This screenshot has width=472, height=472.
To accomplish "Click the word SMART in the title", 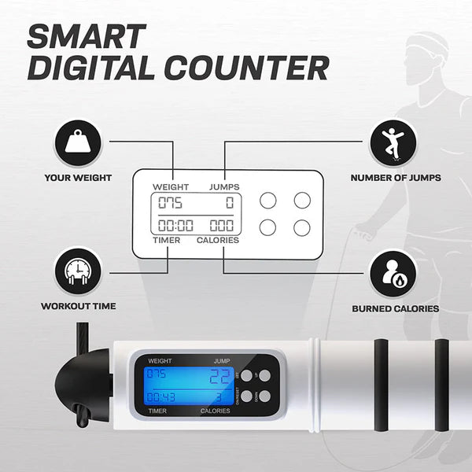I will [87, 36].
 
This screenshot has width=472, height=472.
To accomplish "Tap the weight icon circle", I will [76, 142].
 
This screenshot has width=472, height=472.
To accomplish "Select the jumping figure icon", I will [395, 142].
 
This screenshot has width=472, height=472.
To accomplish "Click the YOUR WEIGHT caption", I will [77, 177].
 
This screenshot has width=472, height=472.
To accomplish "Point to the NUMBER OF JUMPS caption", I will [395, 177].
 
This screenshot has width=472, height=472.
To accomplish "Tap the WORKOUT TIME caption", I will [77, 305].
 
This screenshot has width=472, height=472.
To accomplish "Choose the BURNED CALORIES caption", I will [395, 309].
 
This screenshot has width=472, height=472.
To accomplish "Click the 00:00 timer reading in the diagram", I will [175, 225].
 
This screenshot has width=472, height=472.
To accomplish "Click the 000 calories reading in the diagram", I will [221, 225].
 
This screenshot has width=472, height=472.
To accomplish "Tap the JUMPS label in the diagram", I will [223, 186].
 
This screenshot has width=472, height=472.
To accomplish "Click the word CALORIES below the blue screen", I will [215, 411].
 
